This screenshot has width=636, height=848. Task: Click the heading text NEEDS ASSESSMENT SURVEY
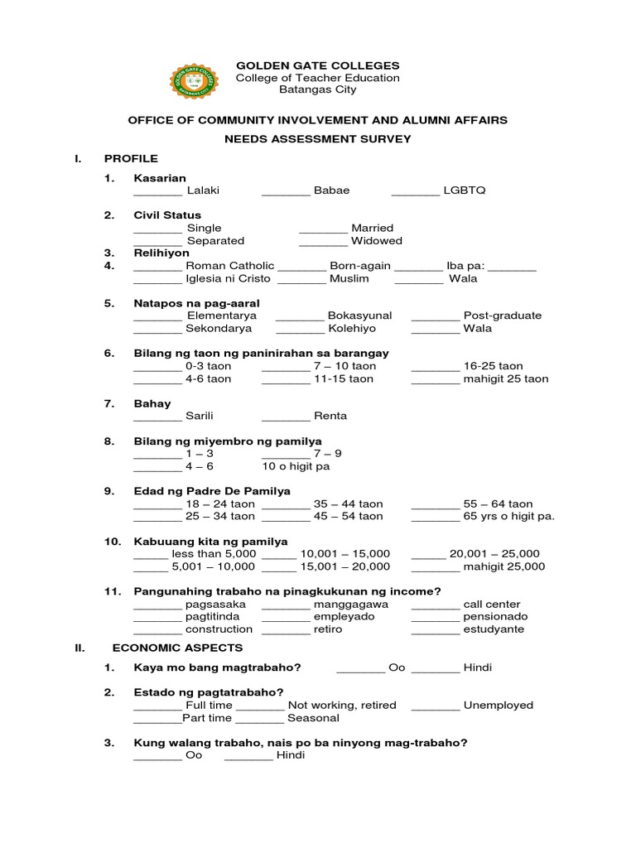[x=318, y=139]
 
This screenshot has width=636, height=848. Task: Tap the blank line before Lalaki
[x=157, y=190]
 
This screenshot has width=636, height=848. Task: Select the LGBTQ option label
[x=465, y=190]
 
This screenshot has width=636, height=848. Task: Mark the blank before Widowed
[x=323, y=241]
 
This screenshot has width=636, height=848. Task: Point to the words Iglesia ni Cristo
[x=230, y=279]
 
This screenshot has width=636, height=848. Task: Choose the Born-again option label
[x=360, y=266]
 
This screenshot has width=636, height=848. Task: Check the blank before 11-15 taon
[x=286, y=379]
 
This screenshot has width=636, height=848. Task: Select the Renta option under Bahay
[x=330, y=416]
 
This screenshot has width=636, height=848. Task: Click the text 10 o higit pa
[x=296, y=466]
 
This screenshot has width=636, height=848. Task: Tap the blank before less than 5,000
[x=150, y=554]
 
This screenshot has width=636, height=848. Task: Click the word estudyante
[x=494, y=629]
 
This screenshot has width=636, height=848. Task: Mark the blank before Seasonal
[x=261, y=719]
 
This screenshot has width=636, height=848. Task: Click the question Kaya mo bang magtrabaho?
[x=217, y=667]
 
